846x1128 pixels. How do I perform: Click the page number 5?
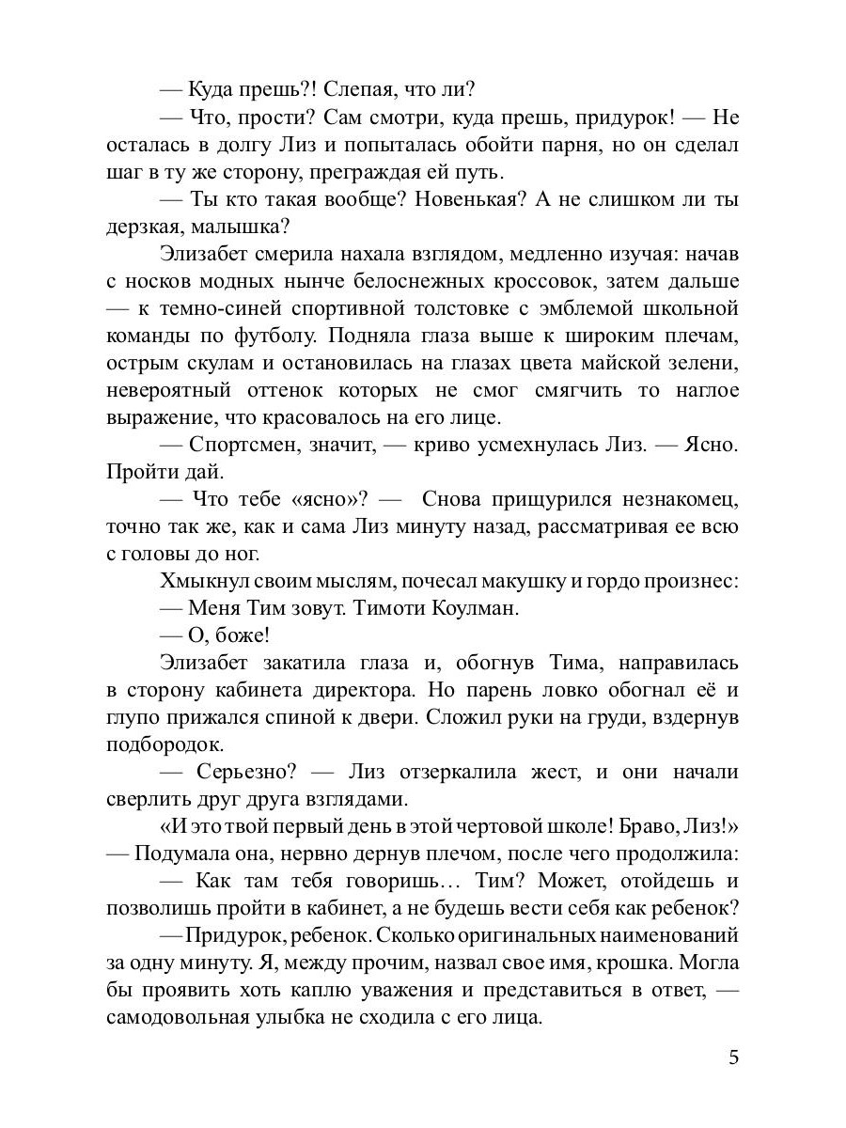click(x=733, y=1057)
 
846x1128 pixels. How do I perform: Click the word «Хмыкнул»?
click(x=199, y=581)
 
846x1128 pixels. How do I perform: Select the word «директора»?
click(x=358, y=689)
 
